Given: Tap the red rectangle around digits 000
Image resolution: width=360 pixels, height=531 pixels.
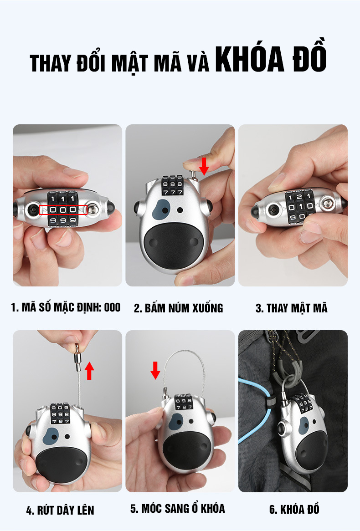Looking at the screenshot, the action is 63,210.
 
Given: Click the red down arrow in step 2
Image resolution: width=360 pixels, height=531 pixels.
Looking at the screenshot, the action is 204,166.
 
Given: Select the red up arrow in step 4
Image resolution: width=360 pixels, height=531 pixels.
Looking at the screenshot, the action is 89,371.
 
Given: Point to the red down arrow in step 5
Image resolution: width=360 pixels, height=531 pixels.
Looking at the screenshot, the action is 155,371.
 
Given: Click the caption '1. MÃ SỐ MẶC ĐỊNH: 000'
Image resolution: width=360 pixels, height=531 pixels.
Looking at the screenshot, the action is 66,307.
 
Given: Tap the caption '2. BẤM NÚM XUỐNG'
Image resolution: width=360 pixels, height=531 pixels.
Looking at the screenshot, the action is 178,308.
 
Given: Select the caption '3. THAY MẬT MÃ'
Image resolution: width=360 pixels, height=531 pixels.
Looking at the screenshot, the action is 292,308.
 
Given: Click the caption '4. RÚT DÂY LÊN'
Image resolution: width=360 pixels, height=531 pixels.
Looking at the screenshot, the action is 60,510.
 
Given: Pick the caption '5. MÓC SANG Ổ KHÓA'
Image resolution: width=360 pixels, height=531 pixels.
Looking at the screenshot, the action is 178,508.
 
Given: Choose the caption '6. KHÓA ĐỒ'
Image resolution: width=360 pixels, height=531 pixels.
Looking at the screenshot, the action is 294,509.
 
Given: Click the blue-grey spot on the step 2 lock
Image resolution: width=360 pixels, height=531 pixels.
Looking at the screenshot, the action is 161,209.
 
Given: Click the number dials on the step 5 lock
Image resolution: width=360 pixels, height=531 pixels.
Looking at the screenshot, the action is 183,402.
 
